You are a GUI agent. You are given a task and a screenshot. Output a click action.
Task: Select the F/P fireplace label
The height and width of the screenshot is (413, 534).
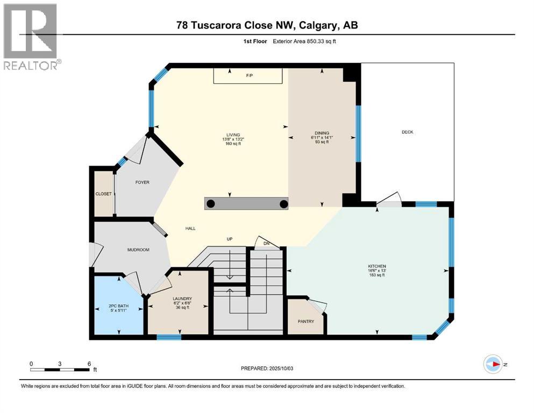(249, 76)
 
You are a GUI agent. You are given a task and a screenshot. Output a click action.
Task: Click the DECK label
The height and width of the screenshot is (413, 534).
(407, 132)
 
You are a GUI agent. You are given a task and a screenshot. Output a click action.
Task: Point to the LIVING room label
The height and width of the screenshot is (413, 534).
(233, 135)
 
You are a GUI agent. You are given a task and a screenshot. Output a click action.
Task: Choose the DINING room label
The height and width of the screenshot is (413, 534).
(322, 133)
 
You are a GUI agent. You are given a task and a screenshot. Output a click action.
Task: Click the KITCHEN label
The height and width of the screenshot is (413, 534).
(377, 266)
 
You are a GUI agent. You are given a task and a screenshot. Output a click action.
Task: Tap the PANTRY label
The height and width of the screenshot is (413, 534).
(305, 322)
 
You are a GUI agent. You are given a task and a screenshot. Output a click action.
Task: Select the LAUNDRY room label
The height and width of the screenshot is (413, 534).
(182, 298)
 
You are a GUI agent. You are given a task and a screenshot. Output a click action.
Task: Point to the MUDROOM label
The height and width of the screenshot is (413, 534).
(138, 250)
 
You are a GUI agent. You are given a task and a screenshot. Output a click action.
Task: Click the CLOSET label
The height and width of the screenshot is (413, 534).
(103, 194)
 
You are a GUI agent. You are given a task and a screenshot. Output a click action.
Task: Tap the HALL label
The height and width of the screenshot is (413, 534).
(190, 229)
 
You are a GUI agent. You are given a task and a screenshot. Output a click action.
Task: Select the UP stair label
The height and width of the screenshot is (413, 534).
(229, 239)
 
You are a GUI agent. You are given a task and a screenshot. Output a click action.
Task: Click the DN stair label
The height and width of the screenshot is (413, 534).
(266, 244)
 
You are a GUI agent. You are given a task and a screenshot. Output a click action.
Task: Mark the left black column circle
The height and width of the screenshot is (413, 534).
(211, 203)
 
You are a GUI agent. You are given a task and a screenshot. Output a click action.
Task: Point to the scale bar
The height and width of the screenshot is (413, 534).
(60, 369)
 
